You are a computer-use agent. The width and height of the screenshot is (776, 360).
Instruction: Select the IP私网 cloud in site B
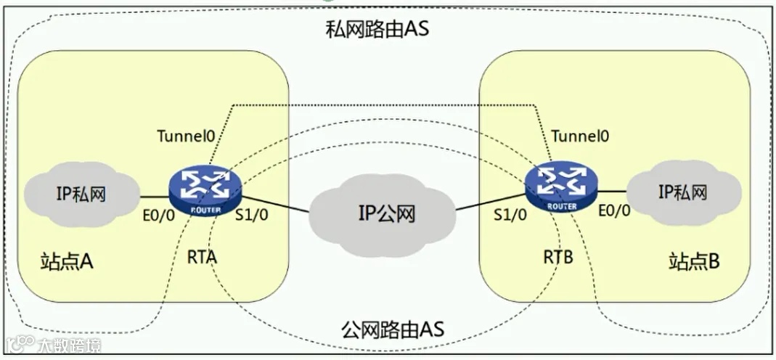pos(682,192)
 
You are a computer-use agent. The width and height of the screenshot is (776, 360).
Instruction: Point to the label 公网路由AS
pos(392,329)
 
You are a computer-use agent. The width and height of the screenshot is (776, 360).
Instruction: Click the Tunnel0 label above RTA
pos(186,136)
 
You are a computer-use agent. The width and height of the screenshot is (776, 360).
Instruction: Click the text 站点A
pos(67,261)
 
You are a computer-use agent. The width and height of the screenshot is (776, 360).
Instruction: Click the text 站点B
pos(694,261)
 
